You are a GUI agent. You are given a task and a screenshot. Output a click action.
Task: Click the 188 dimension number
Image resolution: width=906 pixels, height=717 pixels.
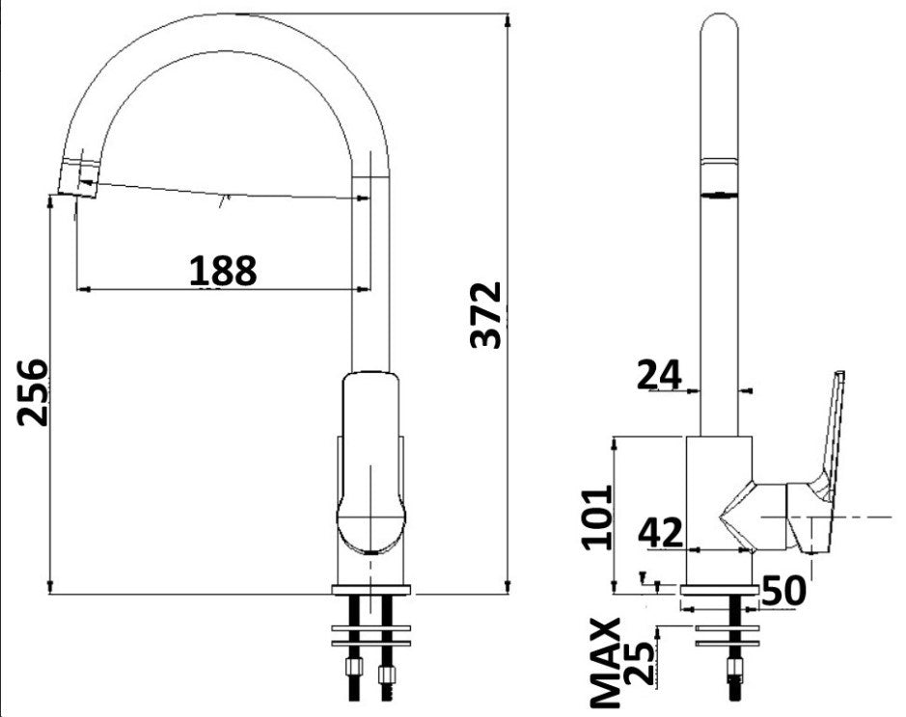(223, 270)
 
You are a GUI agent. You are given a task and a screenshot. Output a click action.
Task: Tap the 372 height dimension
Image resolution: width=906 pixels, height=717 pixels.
(486, 314)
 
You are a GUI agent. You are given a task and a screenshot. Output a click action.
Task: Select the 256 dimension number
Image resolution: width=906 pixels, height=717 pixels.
(33, 392)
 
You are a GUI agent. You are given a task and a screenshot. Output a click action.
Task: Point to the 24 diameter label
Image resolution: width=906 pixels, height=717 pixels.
(659, 375)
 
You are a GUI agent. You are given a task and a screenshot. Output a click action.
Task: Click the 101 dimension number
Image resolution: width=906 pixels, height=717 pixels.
(597, 518)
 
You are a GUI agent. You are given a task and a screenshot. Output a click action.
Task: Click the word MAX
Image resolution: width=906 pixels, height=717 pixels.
(605, 663)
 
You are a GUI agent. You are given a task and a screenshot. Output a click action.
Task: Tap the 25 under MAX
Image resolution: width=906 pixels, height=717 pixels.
(641, 663)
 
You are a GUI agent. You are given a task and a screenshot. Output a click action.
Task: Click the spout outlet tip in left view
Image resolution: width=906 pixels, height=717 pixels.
(78, 178)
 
